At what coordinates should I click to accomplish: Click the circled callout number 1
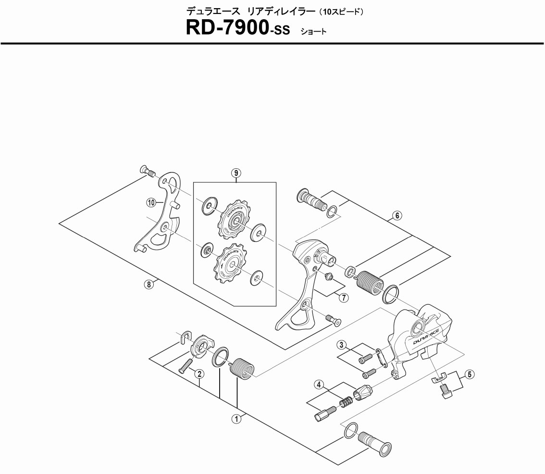pos(236,419)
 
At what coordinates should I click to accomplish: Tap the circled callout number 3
pos(341,344)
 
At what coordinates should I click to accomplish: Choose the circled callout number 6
pos(397,216)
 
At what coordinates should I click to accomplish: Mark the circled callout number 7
pos(344,298)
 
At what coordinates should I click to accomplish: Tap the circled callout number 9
pos(235,174)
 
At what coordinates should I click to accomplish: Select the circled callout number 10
pos(151,203)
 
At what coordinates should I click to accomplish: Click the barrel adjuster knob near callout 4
pos(363,393)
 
